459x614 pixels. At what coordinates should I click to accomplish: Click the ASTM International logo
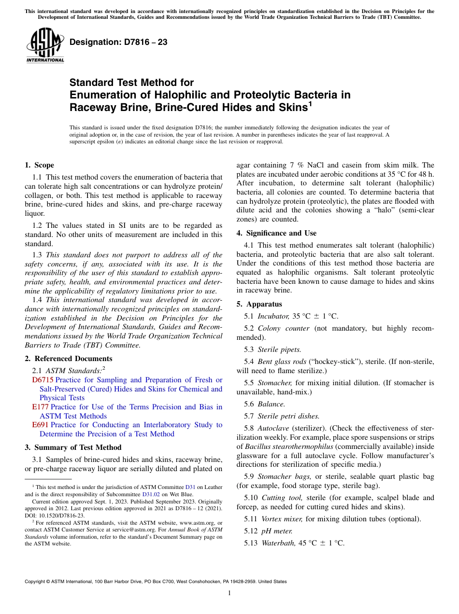tap(45, 45)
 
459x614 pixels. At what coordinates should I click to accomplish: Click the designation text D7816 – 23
tap(118, 42)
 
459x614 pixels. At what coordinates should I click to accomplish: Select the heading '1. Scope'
tap(39, 165)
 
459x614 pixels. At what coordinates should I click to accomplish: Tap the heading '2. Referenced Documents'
tap(68, 359)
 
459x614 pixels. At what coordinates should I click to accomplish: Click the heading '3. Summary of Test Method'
tap(72, 447)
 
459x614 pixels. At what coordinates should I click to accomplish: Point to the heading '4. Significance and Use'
tap(276, 233)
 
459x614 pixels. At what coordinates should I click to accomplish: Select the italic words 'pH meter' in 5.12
tap(277, 531)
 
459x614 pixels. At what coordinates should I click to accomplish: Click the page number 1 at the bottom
tap(229, 593)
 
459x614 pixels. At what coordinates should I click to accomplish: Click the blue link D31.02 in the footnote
tap(150, 494)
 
